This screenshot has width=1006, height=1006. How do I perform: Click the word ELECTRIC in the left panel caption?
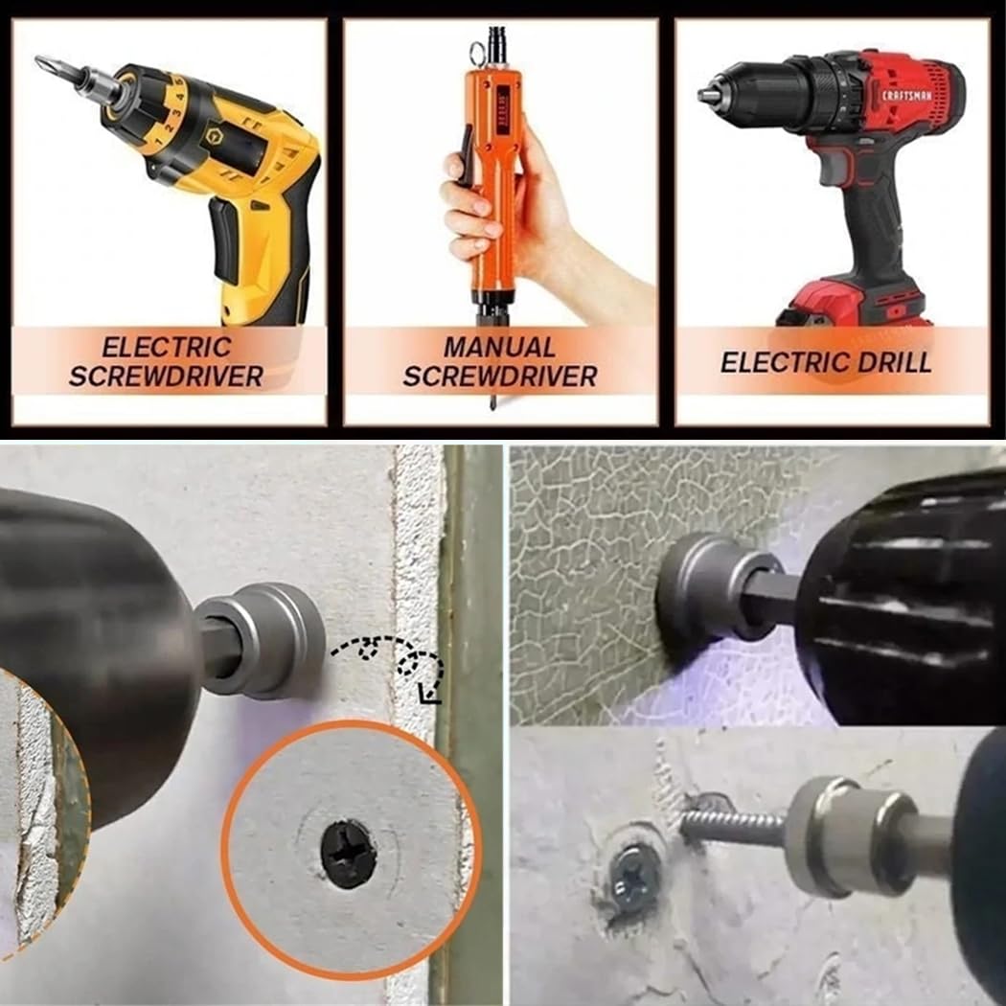pos(167,346)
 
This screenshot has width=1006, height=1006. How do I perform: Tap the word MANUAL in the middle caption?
pos(499,346)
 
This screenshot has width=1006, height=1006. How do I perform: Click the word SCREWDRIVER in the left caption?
pos(167,377)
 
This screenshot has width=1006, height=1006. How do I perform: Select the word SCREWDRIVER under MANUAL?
pos(499,377)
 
